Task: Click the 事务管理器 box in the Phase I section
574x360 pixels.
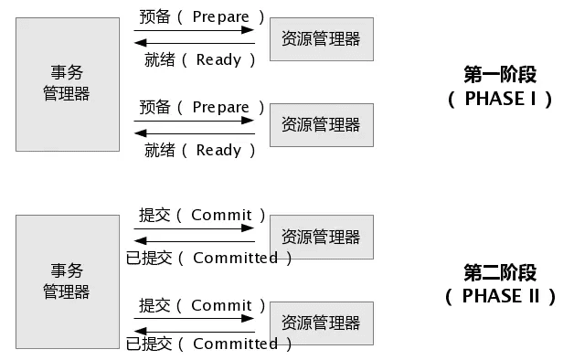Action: point(67,84)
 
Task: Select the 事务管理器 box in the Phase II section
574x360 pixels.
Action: point(67,281)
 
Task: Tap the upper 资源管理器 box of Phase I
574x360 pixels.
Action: point(321,38)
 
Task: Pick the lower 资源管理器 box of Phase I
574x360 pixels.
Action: point(321,124)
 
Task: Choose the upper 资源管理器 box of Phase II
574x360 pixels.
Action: point(321,237)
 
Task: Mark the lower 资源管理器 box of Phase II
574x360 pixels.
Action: point(321,323)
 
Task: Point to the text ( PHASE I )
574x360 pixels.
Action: point(500,98)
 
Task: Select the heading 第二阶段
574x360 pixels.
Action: point(500,272)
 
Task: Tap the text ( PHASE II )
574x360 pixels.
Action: point(500,295)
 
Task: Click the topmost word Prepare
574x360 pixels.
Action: point(221,17)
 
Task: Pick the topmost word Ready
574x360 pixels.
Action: point(219,60)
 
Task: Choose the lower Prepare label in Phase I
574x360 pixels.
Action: point(221,108)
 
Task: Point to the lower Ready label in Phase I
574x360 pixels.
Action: point(219,151)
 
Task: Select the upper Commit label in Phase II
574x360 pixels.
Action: point(221,216)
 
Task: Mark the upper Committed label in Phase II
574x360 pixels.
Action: point(236,259)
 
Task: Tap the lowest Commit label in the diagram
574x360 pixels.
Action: point(221,306)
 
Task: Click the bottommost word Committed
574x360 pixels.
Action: point(236,344)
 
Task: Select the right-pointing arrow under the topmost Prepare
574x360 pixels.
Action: point(194,30)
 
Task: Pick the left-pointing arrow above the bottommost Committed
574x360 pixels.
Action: point(194,330)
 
